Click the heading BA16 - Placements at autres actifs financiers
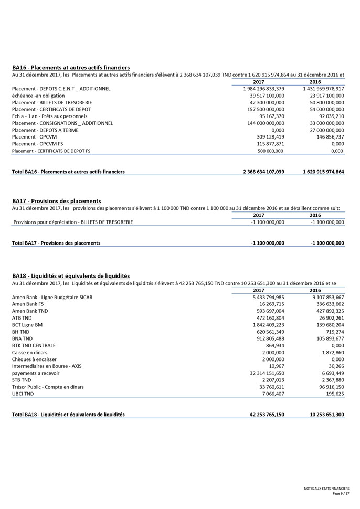[x=71, y=68]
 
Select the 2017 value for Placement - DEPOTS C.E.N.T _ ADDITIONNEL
[x=263, y=89]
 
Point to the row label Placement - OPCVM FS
[x=37, y=144]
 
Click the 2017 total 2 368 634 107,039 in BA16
[x=263, y=172]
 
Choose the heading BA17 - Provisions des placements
[x=56, y=201]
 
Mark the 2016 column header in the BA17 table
[x=315, y=215]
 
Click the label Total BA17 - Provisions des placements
[x=56, y=243]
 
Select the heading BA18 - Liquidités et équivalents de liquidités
[x=71, y=276]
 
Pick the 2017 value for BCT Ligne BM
[x=268, y=325]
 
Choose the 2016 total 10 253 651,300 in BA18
[x=327, y=415]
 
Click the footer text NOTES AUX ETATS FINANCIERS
[x=326, y=489]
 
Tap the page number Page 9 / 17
[x=341, y=494]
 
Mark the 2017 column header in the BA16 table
[x=258, y=82]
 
